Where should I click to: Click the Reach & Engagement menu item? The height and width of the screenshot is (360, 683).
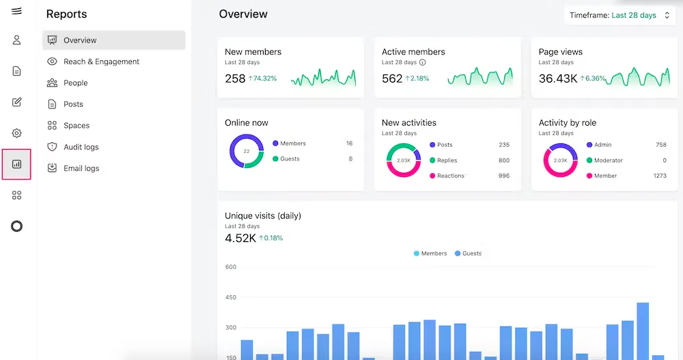[x=101, y=61]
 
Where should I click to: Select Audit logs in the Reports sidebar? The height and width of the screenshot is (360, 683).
[x=81, y=147]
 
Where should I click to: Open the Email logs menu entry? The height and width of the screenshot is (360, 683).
[x=81, y=168]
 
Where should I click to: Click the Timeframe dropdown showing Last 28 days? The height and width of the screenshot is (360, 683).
[x=620, y=15]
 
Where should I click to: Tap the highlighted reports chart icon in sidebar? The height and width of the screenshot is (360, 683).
[x=16, y=165]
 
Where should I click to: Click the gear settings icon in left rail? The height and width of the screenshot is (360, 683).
[x=16, y=133]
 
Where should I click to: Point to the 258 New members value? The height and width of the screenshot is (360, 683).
[x=235, y=79]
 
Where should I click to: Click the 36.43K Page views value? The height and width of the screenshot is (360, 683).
[x=557, y=79]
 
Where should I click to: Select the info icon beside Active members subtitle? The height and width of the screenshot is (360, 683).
[x=423, y=62]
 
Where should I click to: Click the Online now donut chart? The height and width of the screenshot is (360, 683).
[x=246, y=151]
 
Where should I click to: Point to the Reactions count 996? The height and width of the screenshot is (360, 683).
[x=503, y=176]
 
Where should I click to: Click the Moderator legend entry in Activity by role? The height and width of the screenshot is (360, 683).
[x=608, y=161]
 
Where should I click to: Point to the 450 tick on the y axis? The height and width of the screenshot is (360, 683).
[x=230, y=297]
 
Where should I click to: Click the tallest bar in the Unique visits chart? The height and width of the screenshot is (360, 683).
[x=642, y=331]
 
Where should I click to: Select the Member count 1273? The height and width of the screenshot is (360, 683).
[x=659, y=176]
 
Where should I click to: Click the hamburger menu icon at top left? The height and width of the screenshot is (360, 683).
[x=16, y=11]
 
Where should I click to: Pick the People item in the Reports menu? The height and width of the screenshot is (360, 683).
[x=75, y=83]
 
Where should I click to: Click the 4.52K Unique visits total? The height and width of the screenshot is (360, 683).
[x=240, y=238]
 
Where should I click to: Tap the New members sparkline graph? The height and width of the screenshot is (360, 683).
[x=323, y=78]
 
